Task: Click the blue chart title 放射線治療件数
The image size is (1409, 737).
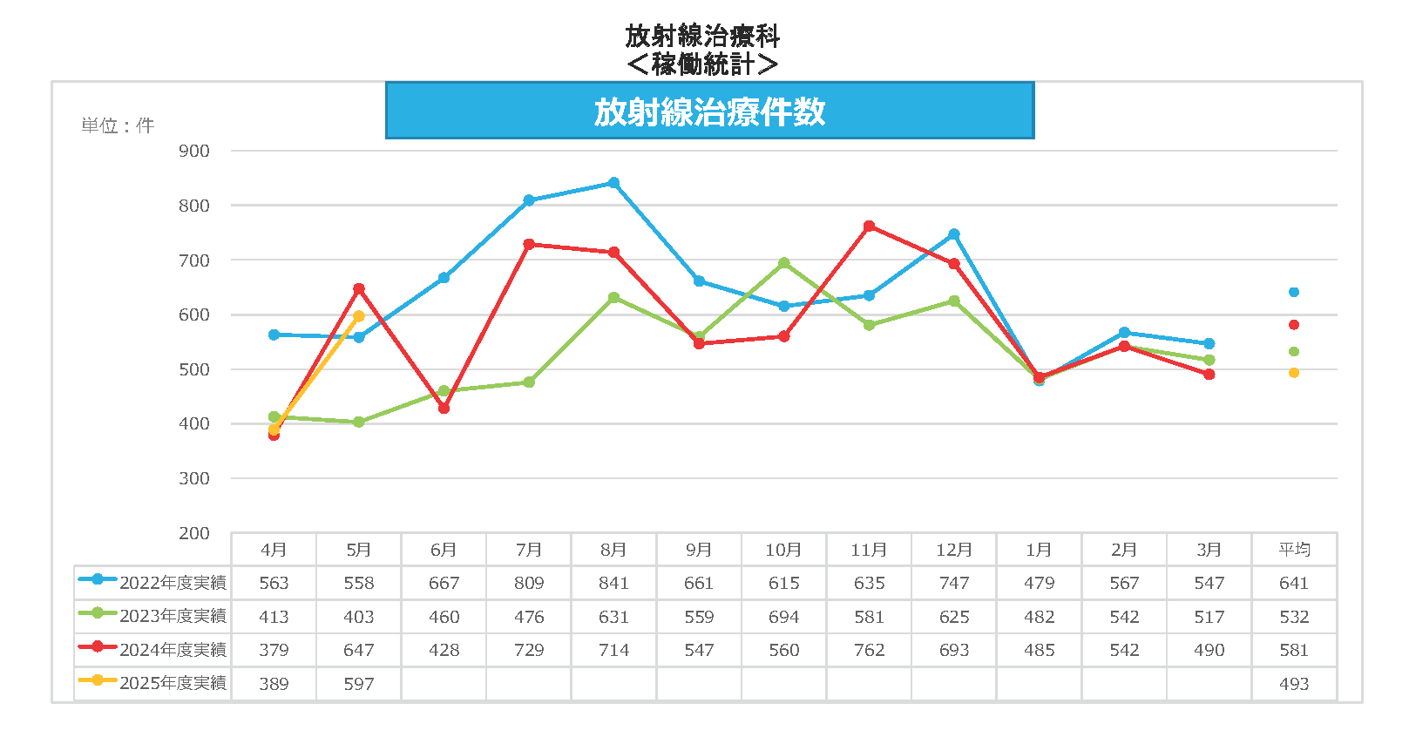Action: (x=709, y=112)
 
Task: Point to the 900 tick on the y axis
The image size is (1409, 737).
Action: (x=194, y=151)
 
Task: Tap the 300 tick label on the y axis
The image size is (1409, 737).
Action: (x=194, y=478)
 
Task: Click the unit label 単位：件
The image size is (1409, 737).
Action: (x=118, y=126)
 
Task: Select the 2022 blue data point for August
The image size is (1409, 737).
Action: (x=613, y=183)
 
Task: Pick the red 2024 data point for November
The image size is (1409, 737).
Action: (x=869, y=227)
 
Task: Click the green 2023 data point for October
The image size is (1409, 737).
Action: (x=784, y=263)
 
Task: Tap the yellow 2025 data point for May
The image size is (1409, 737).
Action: (x=359, y=316)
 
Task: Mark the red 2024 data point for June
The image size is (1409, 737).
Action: (x=444, y=408)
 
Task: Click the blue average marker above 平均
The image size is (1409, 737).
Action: (x=1294, y=292)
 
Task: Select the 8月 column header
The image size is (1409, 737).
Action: (x=613, y=550)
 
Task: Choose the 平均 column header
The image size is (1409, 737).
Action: (x=1294, y=550)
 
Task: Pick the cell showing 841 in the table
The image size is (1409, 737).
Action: (x=613, y=583)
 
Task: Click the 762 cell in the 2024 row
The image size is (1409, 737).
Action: (x=869, y=650)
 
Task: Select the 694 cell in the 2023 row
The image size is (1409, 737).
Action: (x=784, y=617)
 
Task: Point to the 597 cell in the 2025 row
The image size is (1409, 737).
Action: (x=359, y=684)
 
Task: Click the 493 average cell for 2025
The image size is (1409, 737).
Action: (x=1294, y=684)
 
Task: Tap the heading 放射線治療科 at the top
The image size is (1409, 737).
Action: (x=702, y=36)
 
